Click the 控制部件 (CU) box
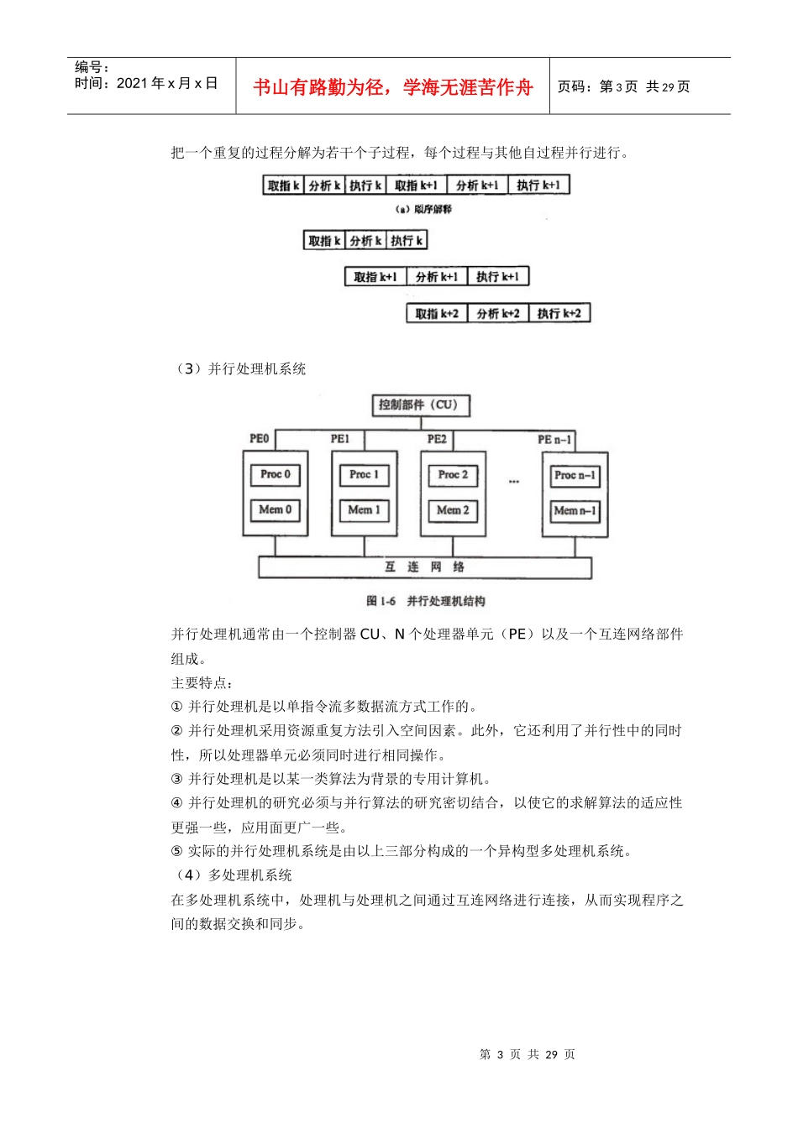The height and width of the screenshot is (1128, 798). coord(420,405)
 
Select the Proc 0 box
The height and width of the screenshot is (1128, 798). coord(276,475)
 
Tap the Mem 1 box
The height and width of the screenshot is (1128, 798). coord(365,510)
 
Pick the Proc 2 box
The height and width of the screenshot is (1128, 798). coord(453,475)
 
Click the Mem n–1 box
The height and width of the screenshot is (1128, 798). coord(575,511)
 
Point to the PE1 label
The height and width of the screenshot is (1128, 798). coord(340,439)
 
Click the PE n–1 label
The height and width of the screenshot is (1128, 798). coord(554,440)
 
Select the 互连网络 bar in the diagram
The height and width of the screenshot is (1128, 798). coord(424,567)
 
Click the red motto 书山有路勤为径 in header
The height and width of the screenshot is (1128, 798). coord(392,87)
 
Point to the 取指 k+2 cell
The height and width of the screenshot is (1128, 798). coord(437,314)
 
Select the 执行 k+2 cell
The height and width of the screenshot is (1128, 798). coord(559,314)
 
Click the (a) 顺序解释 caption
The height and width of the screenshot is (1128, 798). coord(423,209)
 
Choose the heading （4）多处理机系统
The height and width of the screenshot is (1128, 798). coord(233,875)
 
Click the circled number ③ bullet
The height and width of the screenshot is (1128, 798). coord(176,779)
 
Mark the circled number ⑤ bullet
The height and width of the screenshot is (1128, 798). coord(176,851)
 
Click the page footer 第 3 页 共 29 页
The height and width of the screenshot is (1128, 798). coord(527,1055)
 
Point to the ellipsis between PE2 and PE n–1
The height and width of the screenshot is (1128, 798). coord(514,482)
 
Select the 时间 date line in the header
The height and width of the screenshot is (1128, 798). coord(146,83)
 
